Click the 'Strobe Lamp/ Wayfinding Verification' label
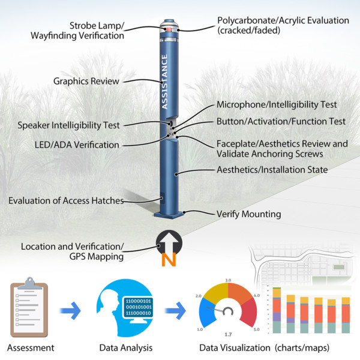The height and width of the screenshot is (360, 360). [x=97, y=31]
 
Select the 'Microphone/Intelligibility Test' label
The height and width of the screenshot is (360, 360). [x=276, y=105]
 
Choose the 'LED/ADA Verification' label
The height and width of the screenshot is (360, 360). [x=77, y=145]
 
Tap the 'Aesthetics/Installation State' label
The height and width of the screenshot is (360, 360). [x=272, y=170]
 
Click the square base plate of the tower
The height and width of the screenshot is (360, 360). [x=170, y=215]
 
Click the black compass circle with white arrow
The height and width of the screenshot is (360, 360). [x=170, y=242]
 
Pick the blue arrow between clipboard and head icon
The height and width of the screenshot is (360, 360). [x=70, y=311]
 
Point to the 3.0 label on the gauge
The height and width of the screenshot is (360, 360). [x=228, y=280]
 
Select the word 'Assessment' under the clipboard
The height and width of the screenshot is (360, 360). [x=31, y=347]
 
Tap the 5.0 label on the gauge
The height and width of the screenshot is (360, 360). [x=256, y=329]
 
